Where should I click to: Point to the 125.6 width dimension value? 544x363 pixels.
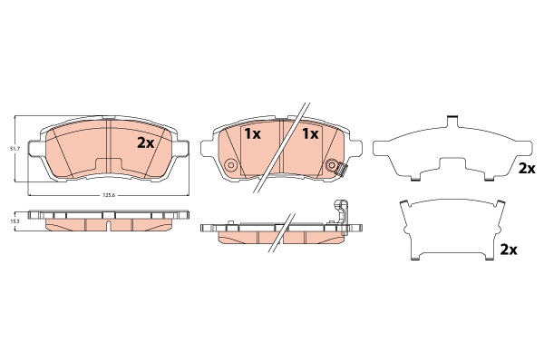click(109, 196)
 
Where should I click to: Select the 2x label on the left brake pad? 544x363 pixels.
click(146, 142)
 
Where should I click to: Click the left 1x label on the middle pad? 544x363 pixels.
click(252, 134)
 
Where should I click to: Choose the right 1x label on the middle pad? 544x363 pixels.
click(310, 133)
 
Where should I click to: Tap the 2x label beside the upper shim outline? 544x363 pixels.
click(527, 169)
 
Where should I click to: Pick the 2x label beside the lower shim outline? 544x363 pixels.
click(509, 250)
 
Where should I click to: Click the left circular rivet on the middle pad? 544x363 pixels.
click(230, 165)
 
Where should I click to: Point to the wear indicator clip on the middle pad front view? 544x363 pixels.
click(342, 169)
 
